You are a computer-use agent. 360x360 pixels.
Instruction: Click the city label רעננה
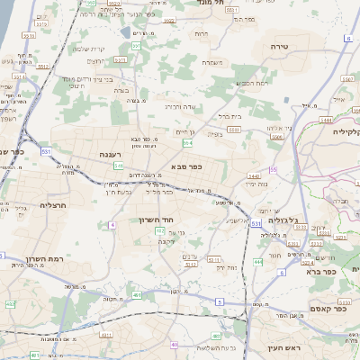tap(111, 154)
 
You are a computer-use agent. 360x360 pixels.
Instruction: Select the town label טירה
tap(277, 44)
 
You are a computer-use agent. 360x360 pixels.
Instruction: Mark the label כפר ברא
tap(320, 270)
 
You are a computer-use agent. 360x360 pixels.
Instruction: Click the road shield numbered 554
tap(187, 142)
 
